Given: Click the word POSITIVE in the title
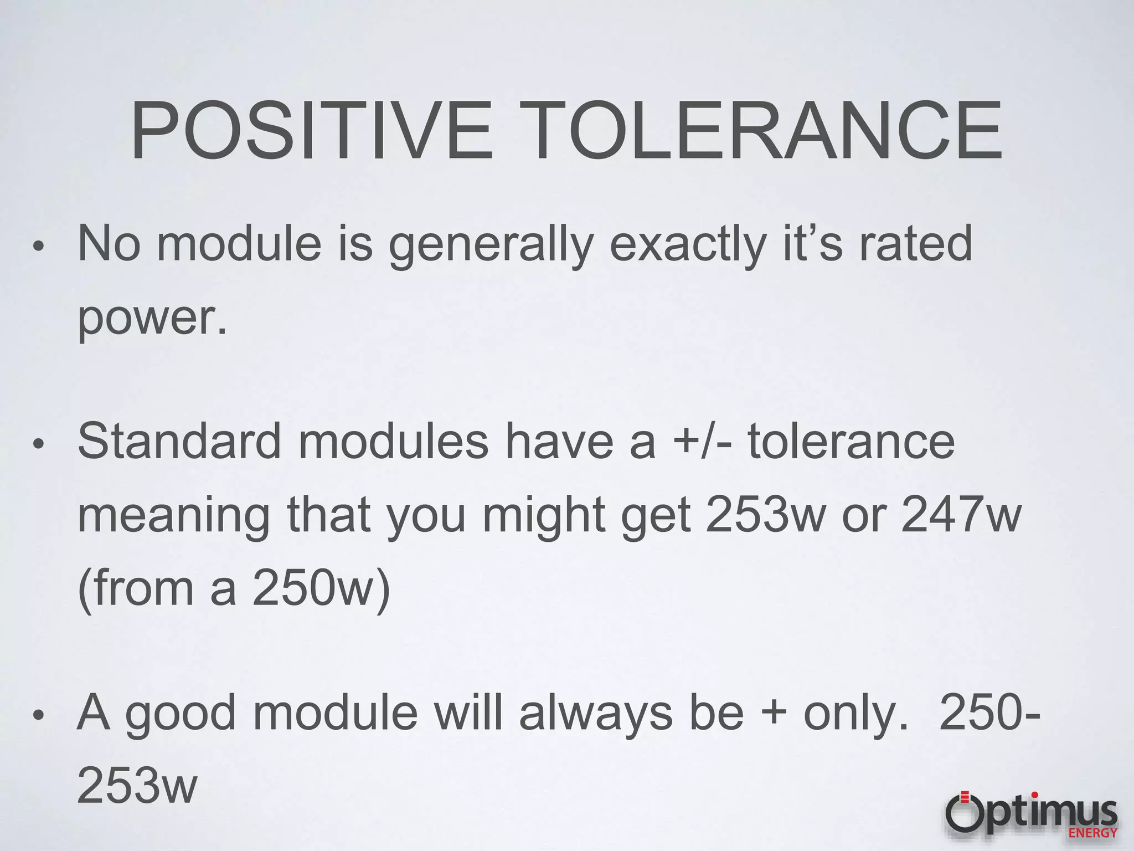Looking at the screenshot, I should tap(311, 131).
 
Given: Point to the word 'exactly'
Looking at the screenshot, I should tap(688, 244).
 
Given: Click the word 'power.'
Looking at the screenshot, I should tap(152, 318).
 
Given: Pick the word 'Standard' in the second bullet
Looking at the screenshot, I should tap(179, 442).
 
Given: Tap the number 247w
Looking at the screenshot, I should tap(961, 515).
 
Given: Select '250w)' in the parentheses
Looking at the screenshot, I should tap(321, 588).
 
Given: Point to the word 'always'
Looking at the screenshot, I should tap(596, 713).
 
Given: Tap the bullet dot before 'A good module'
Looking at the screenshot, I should tap(38, 715).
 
